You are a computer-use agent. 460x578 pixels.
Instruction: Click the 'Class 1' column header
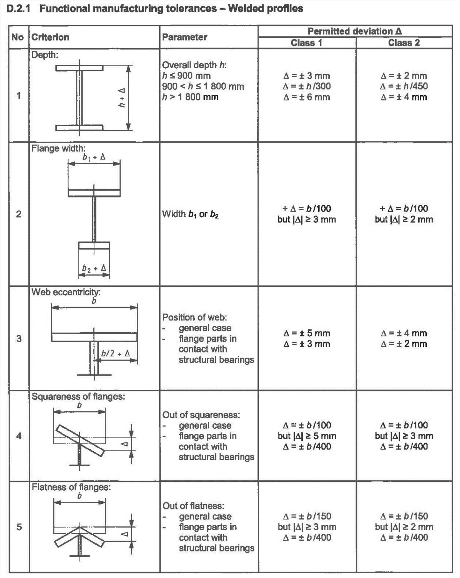click(x=306, y=43)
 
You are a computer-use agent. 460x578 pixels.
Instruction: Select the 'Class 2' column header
click(x=404, y=43)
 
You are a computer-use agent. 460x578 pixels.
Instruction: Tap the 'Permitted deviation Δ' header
click(x=355, y=31)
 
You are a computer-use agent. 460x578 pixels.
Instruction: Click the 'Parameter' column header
click(x=184, y=37)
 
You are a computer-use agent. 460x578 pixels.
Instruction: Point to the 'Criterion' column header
click(x=50, y=37)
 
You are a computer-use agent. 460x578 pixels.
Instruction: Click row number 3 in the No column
click(x=19, y=338)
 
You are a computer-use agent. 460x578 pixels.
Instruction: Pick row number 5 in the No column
click(x=19, y=527)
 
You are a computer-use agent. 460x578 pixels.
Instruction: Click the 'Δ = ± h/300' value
click(x=307, y=86)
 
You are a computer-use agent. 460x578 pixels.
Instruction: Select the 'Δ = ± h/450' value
click(x=404, y=86)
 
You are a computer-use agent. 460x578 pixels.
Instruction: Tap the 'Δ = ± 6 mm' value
click(x=306, y=97)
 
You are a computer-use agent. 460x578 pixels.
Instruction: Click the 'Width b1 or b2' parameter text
click(x=190, y=214)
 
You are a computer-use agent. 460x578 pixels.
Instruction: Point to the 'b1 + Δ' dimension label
click(x=94, y=157)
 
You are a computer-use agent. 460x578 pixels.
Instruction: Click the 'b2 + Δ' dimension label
click(x=94, y=268)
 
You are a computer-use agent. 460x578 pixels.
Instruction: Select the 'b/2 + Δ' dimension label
click(x=116, y=353)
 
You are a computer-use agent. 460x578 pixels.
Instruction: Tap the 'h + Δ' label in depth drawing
click(x=121, y=98)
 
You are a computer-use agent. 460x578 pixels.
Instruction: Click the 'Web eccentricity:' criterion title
click(x=66, y=292)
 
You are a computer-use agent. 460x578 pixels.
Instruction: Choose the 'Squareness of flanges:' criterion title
click(x=78, y=396)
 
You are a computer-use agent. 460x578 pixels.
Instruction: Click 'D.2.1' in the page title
click(x=18, y=9)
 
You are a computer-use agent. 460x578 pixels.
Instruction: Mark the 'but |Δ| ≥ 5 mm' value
click(x=307, y=436)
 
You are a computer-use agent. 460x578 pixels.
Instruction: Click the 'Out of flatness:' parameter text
click(x=193, y=506)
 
